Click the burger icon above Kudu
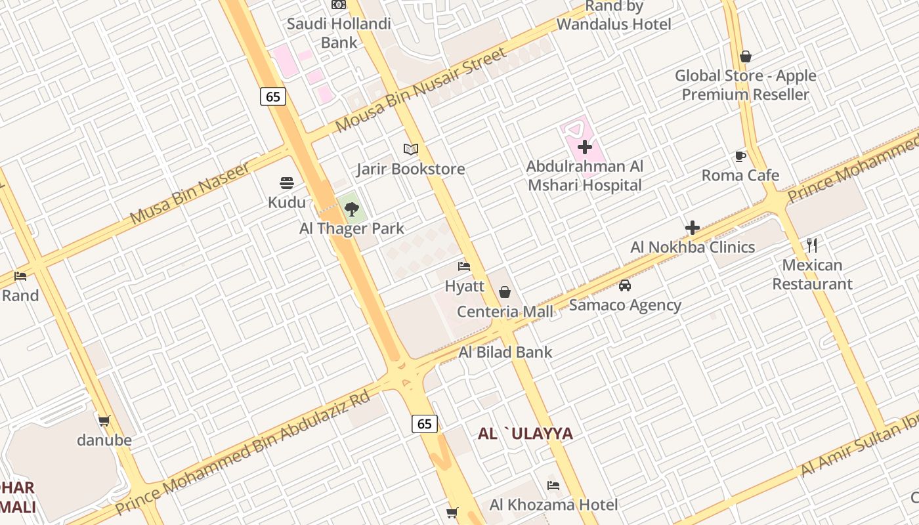point(287,182)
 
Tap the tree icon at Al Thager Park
point(352,209)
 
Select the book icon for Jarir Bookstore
point(411,150)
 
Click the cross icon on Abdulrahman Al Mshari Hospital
point(585,147)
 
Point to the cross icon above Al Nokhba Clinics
point(693,228)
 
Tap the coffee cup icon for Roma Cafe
point(740,156)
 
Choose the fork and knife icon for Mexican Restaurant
point(812,245)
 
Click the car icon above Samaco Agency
point(625,285)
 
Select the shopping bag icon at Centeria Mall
point(505,292)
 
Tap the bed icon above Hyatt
point(464,266)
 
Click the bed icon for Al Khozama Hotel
point(553,486)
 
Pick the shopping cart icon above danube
point(104,421)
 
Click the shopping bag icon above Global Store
point(745,56)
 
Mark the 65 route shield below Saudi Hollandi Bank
point(273,96)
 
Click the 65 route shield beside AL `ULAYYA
point(425,423)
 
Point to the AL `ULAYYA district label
point(525,434)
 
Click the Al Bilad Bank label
point(505,352)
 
